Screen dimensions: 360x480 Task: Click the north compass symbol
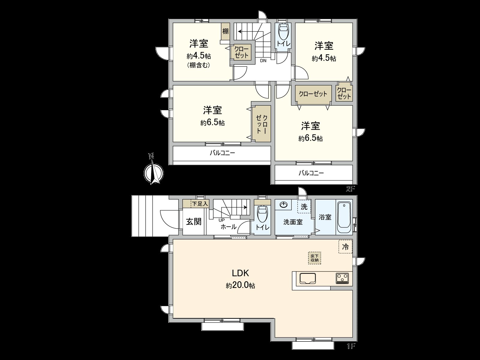pyautogui.click(x=153, y=172)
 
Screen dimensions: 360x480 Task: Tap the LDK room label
pyautogui.click(x=241, y=273)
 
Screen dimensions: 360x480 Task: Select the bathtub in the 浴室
pyautogui.click(x=344, y=217)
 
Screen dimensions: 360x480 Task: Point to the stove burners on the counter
pyautogui.click(x=342, y=278)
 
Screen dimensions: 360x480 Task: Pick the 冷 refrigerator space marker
pyautogui.click(x=346, y=247)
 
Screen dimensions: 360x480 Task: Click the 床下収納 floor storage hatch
pyautogui.click(x=314, y=258)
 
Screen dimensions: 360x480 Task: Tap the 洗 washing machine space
pyautogui.click(x=304, y=207)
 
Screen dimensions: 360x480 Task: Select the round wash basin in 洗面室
pyautogui.click(x=283, y=205)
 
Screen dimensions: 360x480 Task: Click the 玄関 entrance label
pyautogui.click(x=194, y=222)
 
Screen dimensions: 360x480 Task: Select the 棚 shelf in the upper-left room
pyautogui.click(x=225, y=31)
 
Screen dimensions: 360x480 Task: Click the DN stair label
pyautogui.click(x=263, y=61)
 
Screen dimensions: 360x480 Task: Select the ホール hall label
pyautogui.click(x=228, y=227)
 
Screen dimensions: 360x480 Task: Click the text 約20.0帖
pyautogui.click(x=241, y=286)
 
